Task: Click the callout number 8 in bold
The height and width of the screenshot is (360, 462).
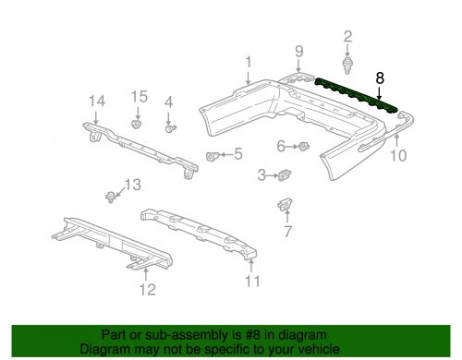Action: [x=380, y=78]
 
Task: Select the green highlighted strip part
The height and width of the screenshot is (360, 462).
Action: [x=356, y=95]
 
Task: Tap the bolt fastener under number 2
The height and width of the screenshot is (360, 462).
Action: [x=347, y=66]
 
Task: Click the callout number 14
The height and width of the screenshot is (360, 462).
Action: [x=97, y=101]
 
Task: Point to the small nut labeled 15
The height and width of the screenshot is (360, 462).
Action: [x=136, y=125]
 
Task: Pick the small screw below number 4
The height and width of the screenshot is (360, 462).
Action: [x=170, y=128]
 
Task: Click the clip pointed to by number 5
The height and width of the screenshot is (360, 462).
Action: [x=213, y=156]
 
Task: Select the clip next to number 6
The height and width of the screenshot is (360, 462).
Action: [x=304, y=146]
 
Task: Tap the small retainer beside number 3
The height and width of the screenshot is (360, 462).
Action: [x=285, y=175]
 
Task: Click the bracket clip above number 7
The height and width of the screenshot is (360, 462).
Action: [x=285, y=204]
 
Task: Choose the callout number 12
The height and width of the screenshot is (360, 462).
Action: [x=148, y=290]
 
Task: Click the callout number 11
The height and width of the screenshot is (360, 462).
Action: [x=252, y=282]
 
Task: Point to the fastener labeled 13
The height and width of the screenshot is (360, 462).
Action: [x=110, y=197]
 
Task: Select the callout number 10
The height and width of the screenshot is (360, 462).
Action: [x=398, y=155]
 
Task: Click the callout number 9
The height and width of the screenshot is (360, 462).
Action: [x=299, y=52]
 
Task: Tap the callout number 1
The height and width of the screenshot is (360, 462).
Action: [x=249, y=62]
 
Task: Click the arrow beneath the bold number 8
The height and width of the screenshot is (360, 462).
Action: [x=379, y=93]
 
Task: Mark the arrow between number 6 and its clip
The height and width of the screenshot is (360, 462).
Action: [x=292, y=147]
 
